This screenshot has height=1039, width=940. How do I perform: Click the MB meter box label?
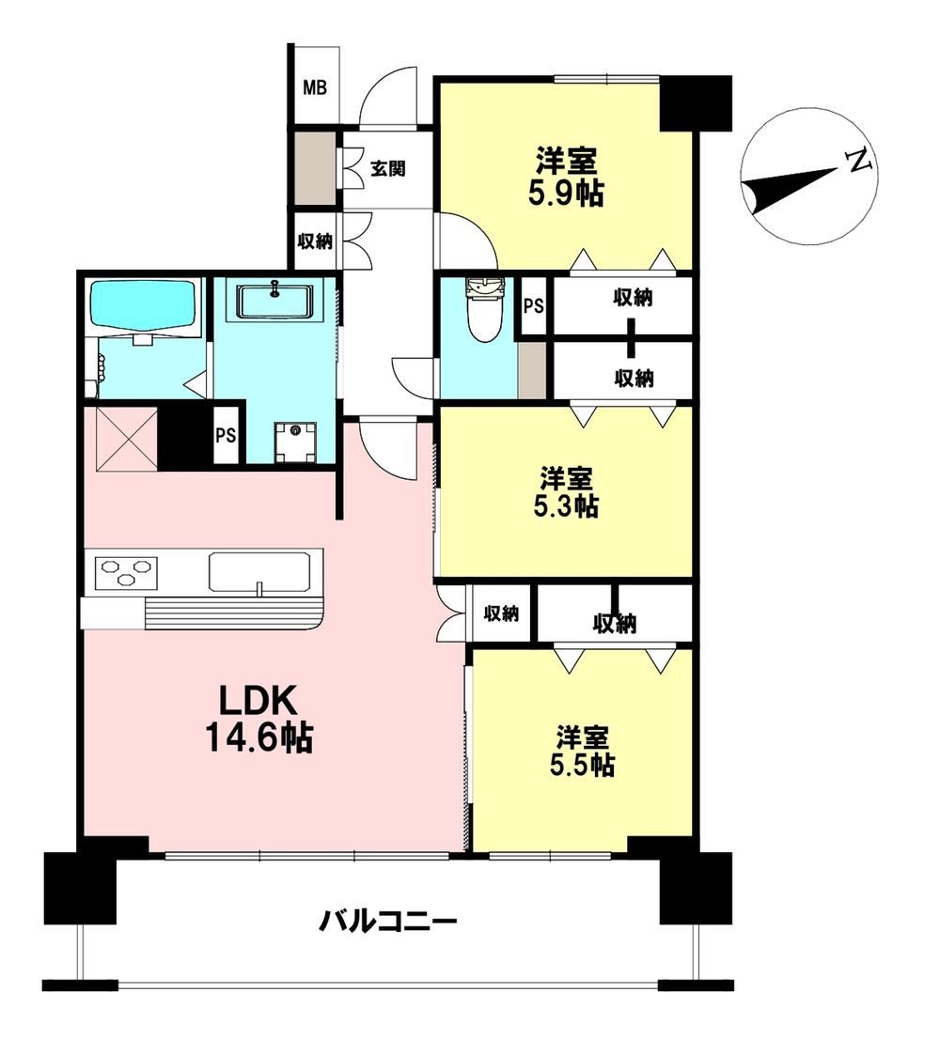coord(315,86)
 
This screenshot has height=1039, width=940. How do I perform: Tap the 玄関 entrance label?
coord(387,168)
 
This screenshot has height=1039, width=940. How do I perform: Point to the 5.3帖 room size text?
coord(566,506)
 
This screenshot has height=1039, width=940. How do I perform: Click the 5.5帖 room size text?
coord(581,766)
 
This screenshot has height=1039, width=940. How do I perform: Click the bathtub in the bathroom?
coord(144,304)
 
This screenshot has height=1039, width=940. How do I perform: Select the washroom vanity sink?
coord(274,301)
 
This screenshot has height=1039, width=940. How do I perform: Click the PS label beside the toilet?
coord(534,306)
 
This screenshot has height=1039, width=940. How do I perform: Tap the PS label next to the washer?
coord(226,435)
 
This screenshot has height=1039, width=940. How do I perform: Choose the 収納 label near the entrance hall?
coord(315,241)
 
